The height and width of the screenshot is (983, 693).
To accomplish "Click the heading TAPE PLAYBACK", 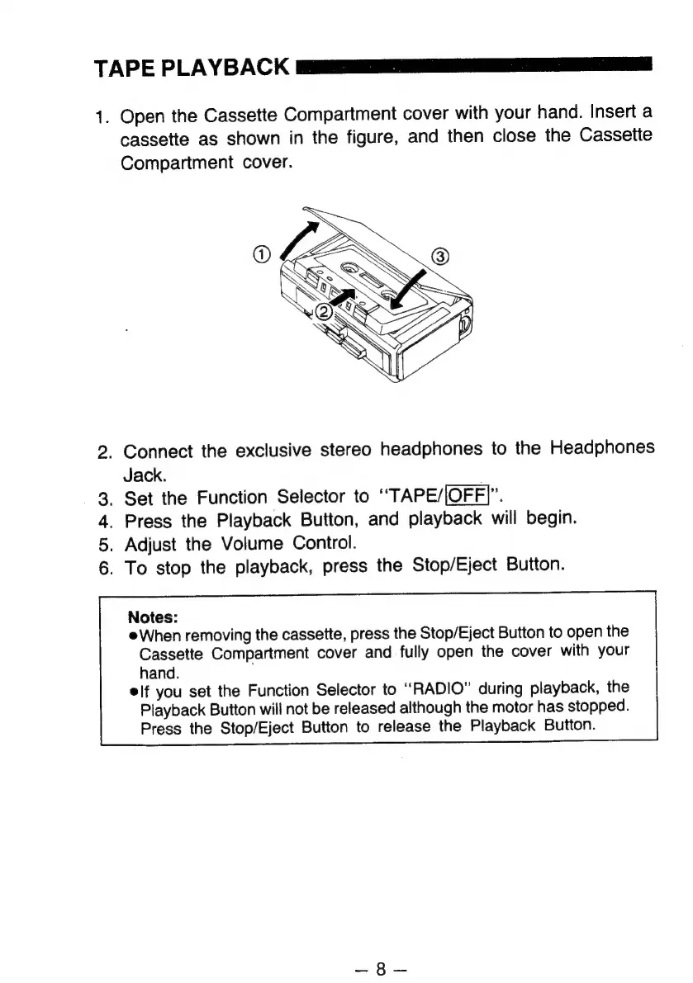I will [192, 68].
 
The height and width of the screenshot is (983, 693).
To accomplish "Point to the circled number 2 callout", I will [325, 312].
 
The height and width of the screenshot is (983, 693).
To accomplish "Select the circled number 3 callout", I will [441, 257].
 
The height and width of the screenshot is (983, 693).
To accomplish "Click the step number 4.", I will [104, 521].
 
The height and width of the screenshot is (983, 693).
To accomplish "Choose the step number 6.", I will [104, 567].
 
